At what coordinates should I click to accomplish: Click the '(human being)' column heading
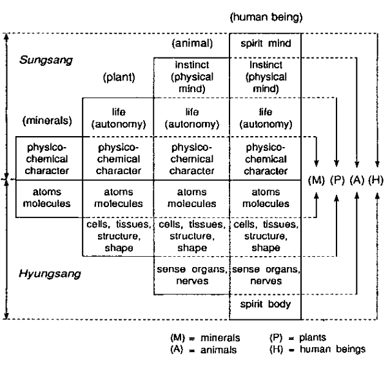[266, 17]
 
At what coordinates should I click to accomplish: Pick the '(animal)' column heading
[191, 44]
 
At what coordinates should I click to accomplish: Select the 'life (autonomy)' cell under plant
[118, 116]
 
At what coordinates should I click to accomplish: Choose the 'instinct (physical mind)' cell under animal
[191, 77]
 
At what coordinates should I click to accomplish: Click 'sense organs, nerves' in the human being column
[266, 275]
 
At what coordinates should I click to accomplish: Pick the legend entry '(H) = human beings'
[317, 350]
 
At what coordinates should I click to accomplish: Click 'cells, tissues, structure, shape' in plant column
[118, 236]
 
